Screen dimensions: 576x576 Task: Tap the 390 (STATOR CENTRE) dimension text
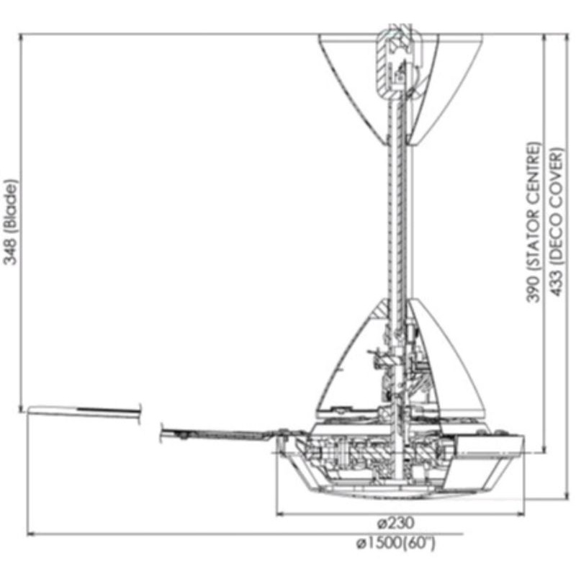coord(533,222)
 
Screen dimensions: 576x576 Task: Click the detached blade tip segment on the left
coord(83,412)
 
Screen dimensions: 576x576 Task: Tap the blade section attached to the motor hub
coord(223,434)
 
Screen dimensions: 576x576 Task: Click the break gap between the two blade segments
coord(150,421)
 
